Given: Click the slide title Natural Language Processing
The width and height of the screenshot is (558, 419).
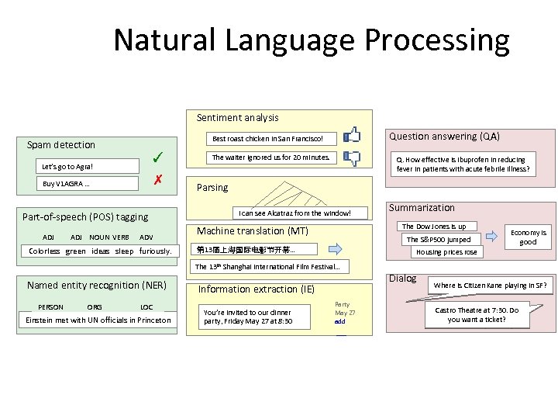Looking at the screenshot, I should [312, 40].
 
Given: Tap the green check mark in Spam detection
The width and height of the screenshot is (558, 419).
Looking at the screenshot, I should [157, 158].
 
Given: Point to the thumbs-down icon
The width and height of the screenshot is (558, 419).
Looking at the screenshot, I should [352, 159].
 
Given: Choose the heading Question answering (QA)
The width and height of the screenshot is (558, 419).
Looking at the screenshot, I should [444, 136].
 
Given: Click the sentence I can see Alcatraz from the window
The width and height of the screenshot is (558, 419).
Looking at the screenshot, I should [294, 213].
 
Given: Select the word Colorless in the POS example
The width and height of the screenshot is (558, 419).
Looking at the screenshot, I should [44, 251].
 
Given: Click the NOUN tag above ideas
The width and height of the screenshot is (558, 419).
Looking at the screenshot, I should [99, 237].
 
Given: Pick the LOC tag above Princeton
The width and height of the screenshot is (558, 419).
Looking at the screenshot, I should [146, 307].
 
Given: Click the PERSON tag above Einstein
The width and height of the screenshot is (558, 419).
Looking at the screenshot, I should [51, 307].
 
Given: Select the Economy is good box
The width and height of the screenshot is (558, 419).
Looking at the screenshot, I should [528, 237].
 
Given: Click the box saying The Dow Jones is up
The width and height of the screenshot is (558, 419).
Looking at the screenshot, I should [433, 227].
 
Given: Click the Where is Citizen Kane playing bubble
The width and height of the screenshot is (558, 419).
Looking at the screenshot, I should [491, 286].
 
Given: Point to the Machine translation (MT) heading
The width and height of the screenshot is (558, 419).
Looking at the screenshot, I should [253, 231].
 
